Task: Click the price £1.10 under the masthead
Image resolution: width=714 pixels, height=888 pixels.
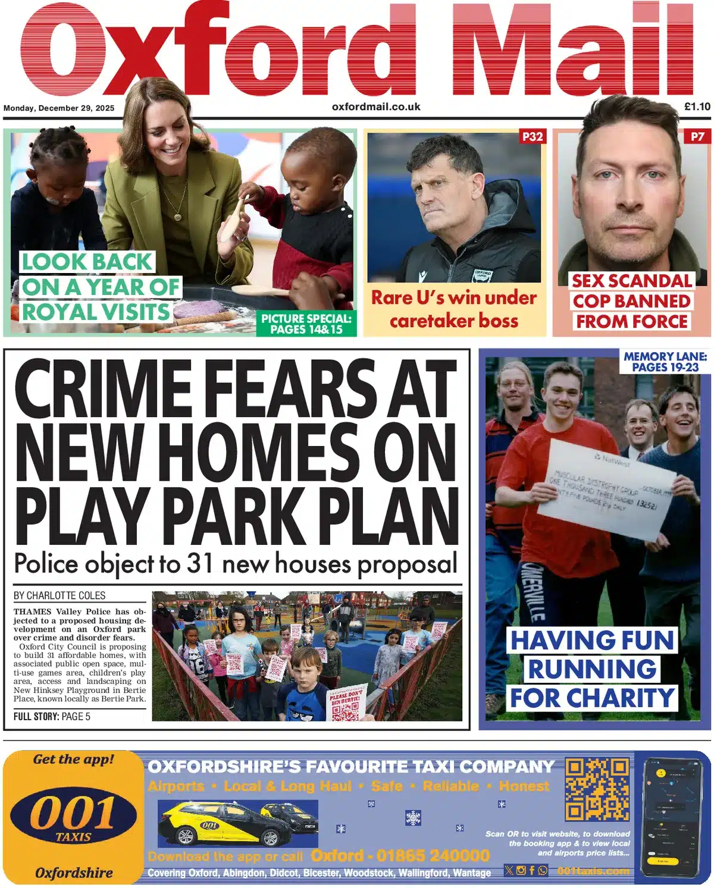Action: (x=697, y=107)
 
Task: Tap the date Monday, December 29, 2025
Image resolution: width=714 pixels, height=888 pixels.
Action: (x=59, y=108)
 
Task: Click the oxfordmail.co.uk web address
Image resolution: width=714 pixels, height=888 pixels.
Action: (x=376, y=107)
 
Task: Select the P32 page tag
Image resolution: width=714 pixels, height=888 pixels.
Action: (x=532, y=137)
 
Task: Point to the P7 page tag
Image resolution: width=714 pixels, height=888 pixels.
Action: (x=697, y=137)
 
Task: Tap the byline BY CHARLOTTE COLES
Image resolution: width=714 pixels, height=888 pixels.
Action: (x=59, y=595)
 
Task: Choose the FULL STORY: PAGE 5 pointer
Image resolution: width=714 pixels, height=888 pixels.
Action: (x=52, y=717)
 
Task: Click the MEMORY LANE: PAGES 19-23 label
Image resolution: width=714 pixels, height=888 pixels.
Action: (x=665, y=362)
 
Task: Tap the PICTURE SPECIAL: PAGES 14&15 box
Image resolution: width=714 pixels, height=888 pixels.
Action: (x=306, y=324)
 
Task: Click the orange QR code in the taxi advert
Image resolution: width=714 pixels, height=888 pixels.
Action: (x=597, y=789)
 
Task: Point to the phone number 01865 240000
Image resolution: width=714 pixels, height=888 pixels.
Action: (x=433, y=856)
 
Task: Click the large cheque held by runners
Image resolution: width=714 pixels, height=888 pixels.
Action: (x=606, y=490)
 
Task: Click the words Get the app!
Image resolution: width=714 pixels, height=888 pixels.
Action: (x=73, y=760)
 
